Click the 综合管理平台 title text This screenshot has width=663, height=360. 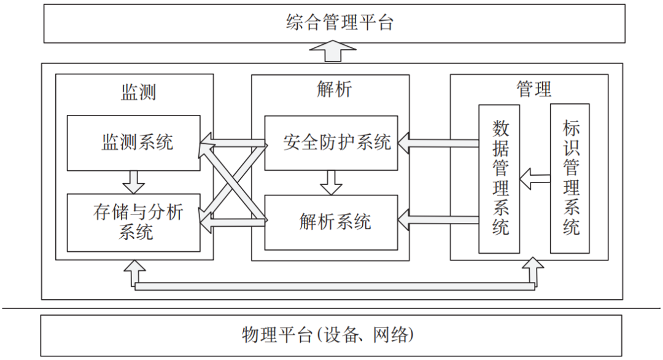[x=339, y=24]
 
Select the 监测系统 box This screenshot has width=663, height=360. [x=134, y=143]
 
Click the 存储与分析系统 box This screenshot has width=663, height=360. [x=134, y=222]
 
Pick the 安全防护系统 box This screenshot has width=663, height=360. [x=331, y=143]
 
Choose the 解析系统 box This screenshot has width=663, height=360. [x=331, y=222]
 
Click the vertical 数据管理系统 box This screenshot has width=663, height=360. [x=499, y=179]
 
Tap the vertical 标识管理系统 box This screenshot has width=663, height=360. [x=570, y=179]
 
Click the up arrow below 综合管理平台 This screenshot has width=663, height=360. [x=332, y=52]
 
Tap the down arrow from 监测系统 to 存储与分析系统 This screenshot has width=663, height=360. [x=133, y=182]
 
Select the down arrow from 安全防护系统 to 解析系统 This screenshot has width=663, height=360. [x=331, y=182]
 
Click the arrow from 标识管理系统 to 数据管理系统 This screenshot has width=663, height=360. [x=535, y=179]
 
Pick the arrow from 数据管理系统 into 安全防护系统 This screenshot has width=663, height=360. [x=438, y=144]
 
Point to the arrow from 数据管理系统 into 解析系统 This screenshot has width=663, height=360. [x=438, y=217]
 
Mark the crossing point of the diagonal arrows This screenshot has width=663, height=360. [x=232, y=182]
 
